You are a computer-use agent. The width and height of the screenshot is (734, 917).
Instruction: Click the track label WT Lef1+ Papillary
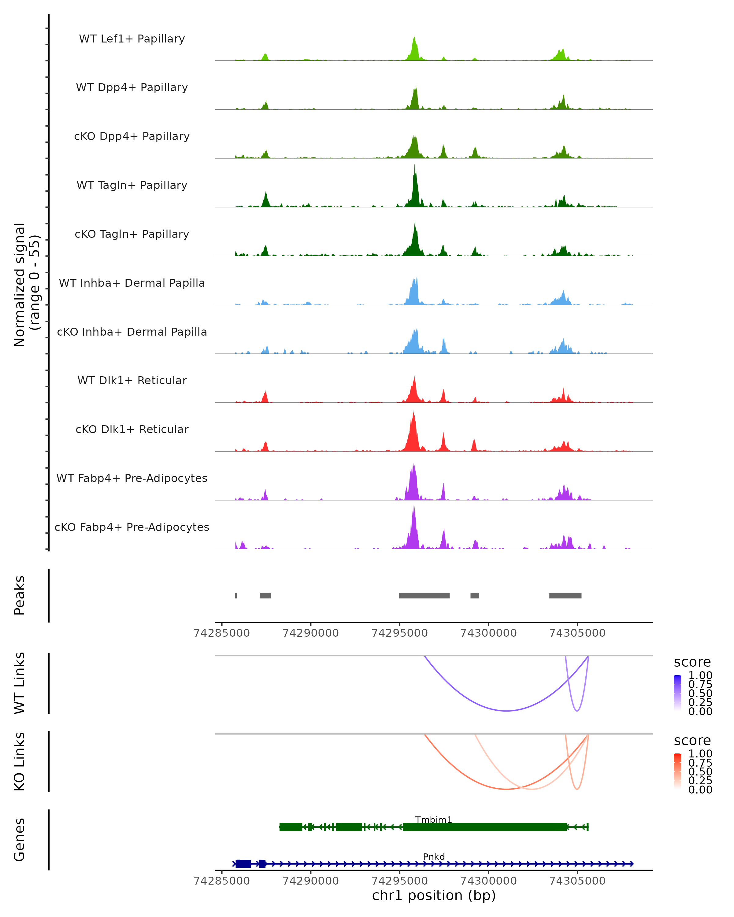pos(132,39)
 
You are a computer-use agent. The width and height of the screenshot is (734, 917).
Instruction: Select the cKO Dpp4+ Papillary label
pos(132,137)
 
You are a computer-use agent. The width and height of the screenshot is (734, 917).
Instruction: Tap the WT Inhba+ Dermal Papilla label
pos(132,283)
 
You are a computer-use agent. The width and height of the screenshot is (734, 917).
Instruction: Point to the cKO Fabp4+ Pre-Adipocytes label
pos(132,527)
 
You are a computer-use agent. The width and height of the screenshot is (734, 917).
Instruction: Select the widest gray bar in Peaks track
pos(424,595)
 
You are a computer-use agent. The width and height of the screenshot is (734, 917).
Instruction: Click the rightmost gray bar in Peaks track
pos(565,595)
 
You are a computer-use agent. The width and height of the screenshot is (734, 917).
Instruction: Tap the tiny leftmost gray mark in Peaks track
pos(236,595)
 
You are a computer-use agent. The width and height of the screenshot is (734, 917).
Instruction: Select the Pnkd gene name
pos(434,856)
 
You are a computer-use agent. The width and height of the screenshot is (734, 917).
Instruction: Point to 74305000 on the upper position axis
pos(577,633)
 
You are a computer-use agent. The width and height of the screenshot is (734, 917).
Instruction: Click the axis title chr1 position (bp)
pos(434,896)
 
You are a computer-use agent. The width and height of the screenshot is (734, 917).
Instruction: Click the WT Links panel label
pos(20,683)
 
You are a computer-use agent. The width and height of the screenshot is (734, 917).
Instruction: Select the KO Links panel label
pos(20,761)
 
